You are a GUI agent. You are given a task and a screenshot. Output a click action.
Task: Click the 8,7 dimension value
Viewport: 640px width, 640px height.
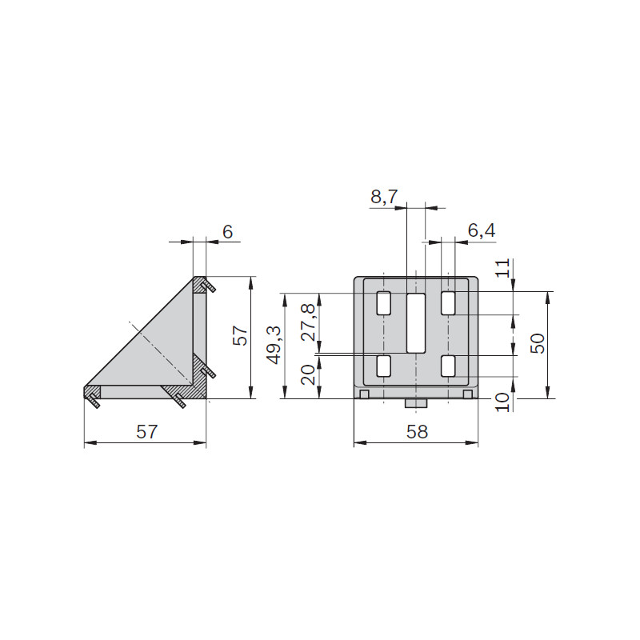coord(384,197)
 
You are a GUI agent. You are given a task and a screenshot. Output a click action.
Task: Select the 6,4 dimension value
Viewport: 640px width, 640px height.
coord(482,230)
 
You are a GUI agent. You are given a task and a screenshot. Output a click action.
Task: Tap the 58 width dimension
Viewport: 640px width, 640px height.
coord(417,431)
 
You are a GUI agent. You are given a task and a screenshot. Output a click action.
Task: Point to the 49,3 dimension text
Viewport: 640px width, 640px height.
coord(274,345)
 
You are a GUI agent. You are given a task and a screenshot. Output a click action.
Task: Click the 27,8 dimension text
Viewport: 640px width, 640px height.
coord(309,322)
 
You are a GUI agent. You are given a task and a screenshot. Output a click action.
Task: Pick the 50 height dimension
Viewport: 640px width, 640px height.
coord(537,343)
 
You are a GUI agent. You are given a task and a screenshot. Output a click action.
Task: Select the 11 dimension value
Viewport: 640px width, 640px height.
coord(503,268)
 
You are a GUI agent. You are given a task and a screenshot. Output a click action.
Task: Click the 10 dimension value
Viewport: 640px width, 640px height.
coord(503,402)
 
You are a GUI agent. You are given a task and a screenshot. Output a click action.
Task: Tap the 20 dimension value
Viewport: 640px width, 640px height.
coord(309,374)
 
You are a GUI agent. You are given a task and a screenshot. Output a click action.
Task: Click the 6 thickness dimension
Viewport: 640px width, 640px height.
coord(227,232)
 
